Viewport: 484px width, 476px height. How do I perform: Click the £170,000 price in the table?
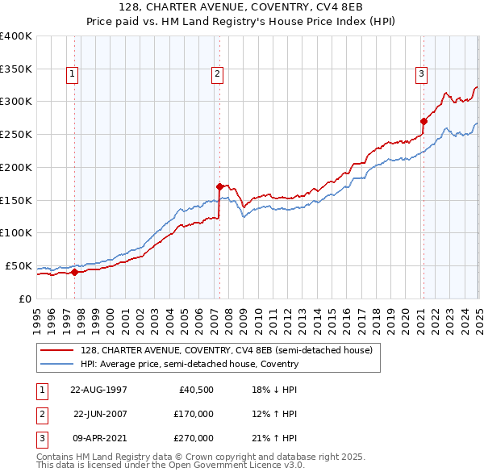(194, 414)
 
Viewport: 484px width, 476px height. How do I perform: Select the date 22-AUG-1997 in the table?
(99, 390)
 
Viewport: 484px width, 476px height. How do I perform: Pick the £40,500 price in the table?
(196, 390)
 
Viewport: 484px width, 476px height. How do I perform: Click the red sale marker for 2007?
(219, 186)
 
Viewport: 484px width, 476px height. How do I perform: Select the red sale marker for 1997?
(74, 272)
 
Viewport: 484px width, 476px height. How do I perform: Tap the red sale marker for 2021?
(423, 121)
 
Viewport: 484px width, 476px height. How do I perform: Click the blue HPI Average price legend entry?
(190, 364)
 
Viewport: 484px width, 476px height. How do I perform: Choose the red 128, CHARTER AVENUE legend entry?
(226, 351)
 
